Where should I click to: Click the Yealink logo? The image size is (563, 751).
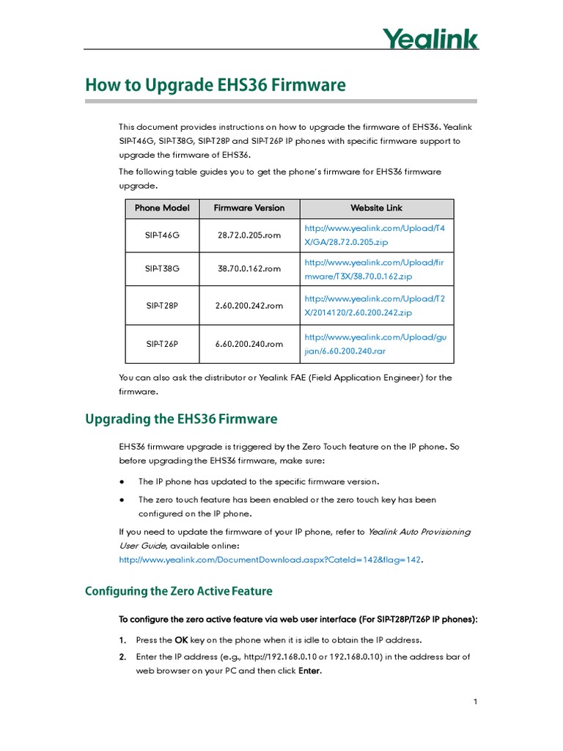(x=430, y=38)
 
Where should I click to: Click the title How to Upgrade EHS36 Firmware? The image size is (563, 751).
(x=215, y=85)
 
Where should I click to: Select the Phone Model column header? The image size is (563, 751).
(x=162, y=208)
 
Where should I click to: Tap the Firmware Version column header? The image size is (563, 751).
(x=249, y=208)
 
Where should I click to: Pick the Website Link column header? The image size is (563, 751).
(x=376, y=208)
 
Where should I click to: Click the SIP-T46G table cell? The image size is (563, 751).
(x=162, y=235)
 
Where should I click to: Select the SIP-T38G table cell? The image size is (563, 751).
(x=162, y=269)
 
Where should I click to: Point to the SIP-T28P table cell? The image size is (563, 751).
(x=162, y=306)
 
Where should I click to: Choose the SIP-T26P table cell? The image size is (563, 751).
(x=162, y=344)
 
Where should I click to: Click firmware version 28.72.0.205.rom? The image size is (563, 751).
(x=249, y=235)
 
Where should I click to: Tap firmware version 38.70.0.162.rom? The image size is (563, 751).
(x=249, y=269)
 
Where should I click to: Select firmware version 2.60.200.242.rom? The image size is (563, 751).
(x=249, y=306)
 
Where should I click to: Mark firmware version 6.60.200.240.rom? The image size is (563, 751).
(x=249, y=344)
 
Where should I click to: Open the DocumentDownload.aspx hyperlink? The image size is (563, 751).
(x=271, y=560)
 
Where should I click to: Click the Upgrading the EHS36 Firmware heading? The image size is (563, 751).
(x=181, y=420)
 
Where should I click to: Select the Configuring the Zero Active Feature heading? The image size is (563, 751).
(x=178, y=591)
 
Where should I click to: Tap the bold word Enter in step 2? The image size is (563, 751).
(x=309, y=671)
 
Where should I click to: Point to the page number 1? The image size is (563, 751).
(x=475, y=702)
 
